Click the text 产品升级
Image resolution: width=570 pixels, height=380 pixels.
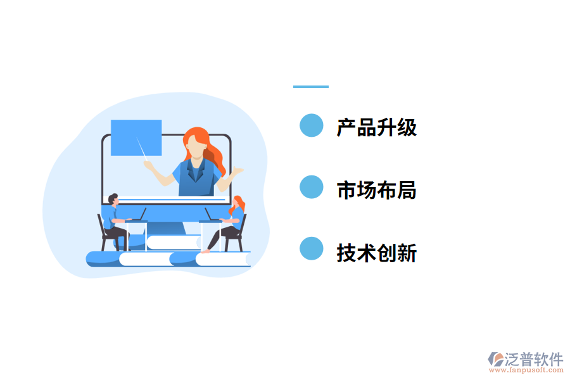coord(377,127)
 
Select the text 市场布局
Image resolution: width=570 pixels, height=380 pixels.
coord(377,189)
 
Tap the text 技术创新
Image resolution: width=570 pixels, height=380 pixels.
coord(377,253)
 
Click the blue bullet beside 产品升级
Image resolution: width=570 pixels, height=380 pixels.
coord(311,125)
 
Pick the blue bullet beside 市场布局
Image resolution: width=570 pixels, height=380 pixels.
coord(311,187)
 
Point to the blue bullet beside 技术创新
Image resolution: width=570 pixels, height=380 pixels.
coord(311,249)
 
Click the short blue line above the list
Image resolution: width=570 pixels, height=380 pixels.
coord(311,87)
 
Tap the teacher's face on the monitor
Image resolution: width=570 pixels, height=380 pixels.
coord(197,148)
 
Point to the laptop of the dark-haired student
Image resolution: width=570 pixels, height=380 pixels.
coord(138,217)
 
